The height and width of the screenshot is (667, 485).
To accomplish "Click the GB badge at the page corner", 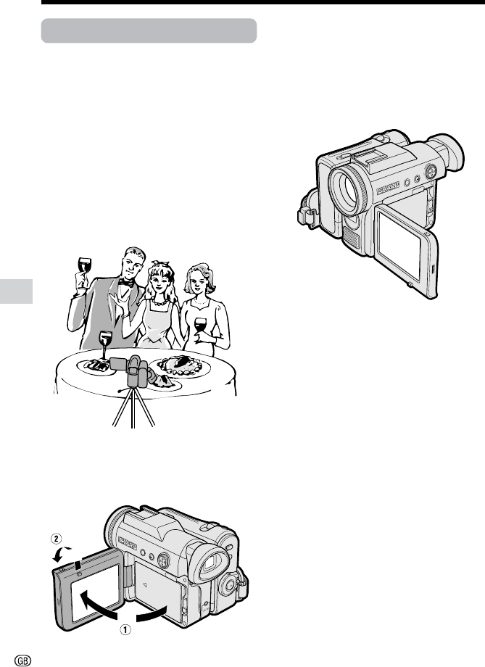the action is [x=23, y=660].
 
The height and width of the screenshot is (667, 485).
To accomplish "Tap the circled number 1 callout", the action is [x=125, y=629].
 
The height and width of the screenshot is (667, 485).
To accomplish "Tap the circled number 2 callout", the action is [x=56, y=539].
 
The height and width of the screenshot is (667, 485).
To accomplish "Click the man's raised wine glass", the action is [x=85, y=271].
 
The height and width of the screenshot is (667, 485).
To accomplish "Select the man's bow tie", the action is [x=126, y=281].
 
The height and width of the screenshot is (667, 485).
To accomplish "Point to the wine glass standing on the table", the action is [x=105, y=345].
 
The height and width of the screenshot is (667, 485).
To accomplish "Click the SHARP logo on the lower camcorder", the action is [x=127, y=543].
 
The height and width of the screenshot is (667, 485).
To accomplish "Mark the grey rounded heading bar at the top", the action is [x=149, y=30].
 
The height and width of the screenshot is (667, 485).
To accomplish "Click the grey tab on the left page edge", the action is [x=16, y=291].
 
